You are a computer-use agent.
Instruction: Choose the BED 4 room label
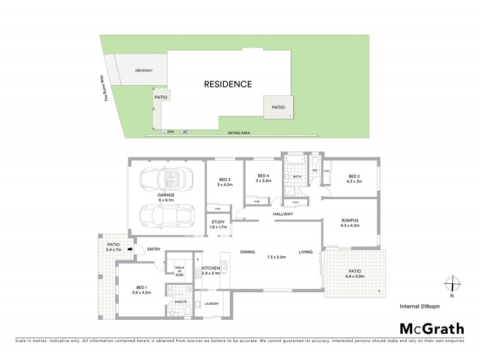coord(263,178)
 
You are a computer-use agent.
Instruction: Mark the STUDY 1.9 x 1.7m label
coord(218,224)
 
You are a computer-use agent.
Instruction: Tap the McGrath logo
coord(431,328)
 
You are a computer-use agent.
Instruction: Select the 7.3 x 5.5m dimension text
coord(277,257)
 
